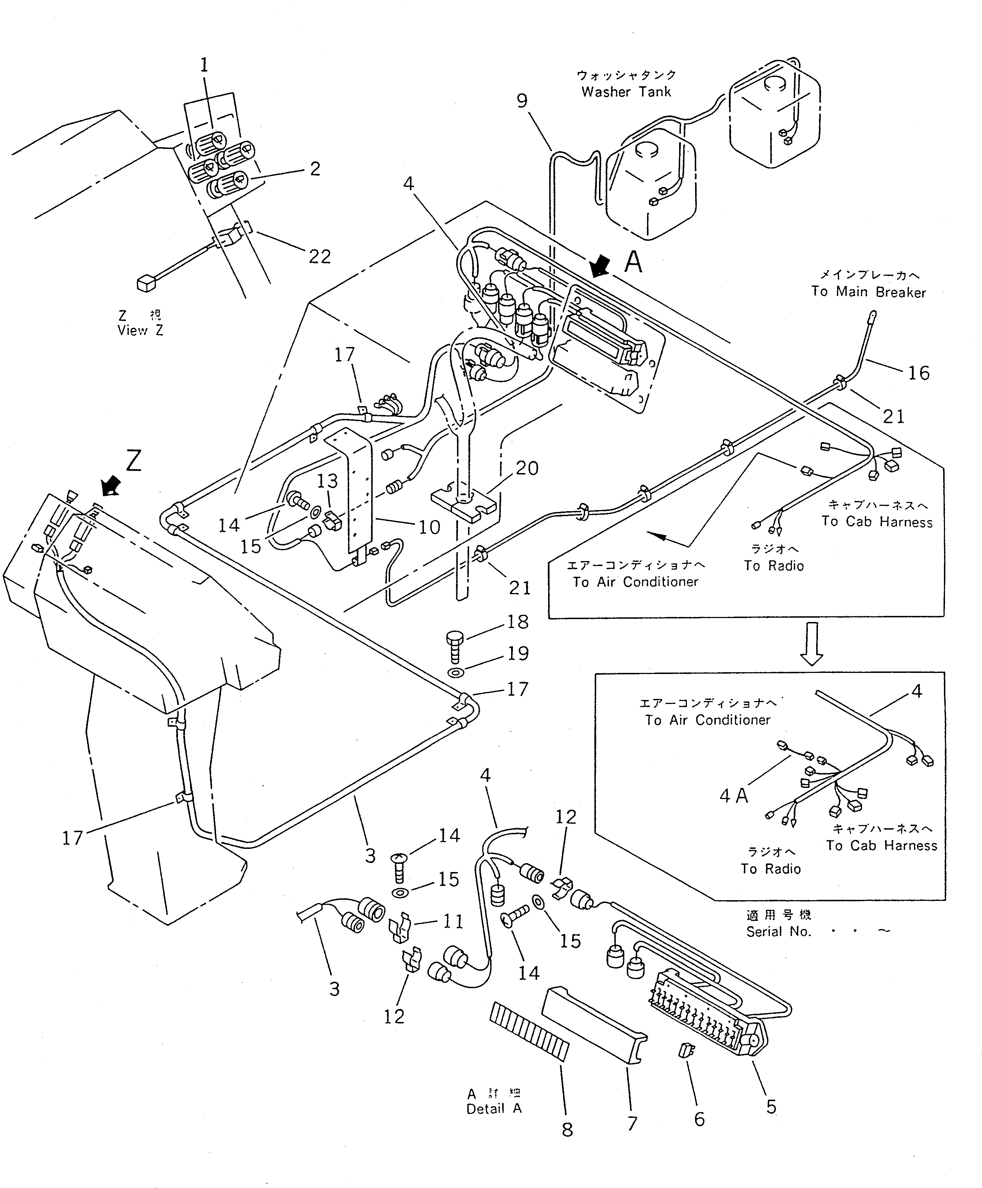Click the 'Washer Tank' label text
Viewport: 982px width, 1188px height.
(626, 92)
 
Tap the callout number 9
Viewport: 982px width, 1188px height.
(522, 101)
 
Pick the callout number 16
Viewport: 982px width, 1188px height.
(919, 373)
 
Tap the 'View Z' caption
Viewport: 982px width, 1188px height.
(140, 330)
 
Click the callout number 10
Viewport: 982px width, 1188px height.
(429, 527)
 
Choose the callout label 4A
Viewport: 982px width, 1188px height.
(733, 796)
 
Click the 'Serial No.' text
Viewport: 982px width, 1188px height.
(778, 932)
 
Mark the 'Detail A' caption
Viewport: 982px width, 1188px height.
(494, 1109)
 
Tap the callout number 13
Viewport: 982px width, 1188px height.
(327, 481)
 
